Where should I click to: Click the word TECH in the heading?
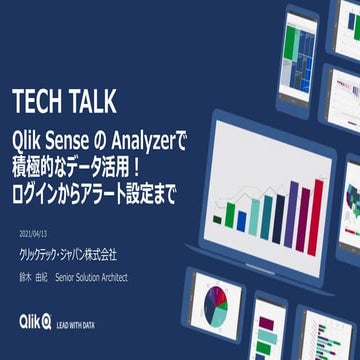point(39,101)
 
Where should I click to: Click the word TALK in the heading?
point(92,101)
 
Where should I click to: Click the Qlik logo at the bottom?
point(32,321)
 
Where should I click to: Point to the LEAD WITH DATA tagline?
point(75,323)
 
